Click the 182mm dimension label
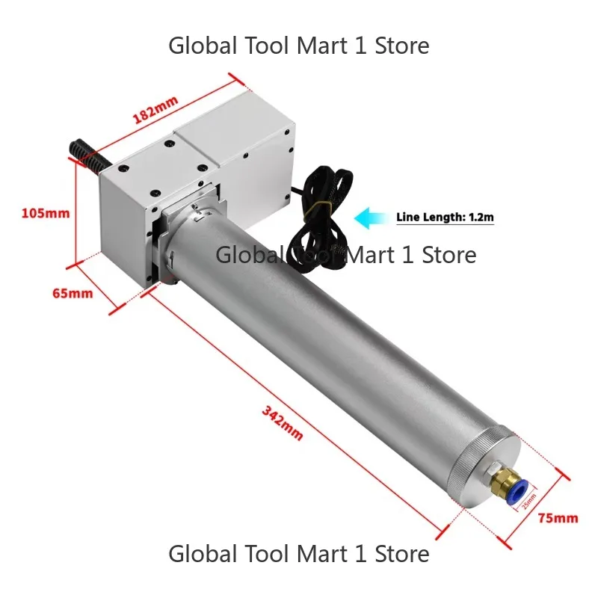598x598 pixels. pos(155,110)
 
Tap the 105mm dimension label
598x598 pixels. pos(46,213)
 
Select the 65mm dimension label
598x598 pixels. pos(73,293)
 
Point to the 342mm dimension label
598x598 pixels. pos(283,423)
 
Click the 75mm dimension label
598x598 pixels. pos(558,518)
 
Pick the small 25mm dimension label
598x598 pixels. pos(529,501)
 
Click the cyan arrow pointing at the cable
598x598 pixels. pos(371,218)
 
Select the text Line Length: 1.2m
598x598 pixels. pos(445,218)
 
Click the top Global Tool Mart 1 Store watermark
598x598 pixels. pos(298,46)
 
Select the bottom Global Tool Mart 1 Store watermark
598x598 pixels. pos(298,553)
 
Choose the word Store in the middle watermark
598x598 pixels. pos(449,255)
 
